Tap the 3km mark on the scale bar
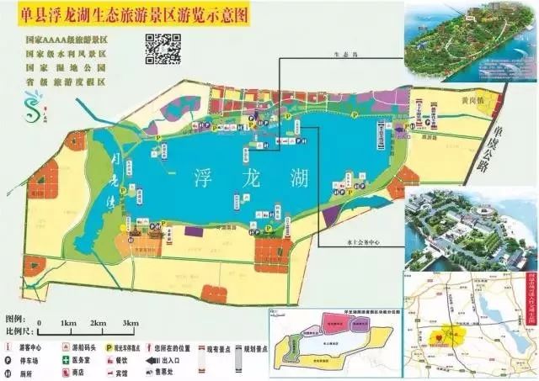(130, 324)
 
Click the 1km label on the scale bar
(69, 324)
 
